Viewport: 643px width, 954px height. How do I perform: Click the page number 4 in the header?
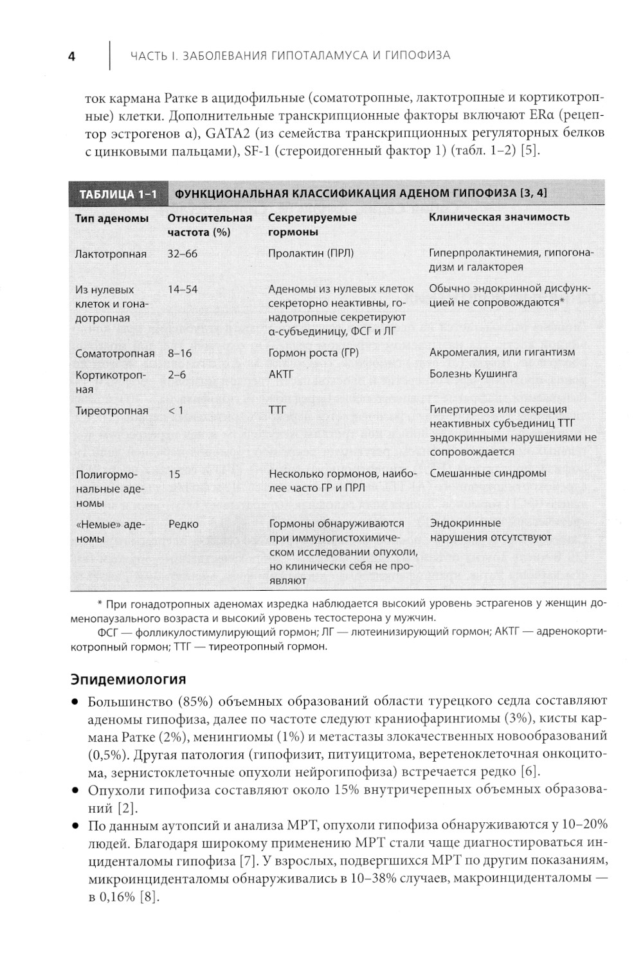tap(71, 57)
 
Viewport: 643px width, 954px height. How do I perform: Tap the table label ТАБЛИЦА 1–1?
tap(117, 194)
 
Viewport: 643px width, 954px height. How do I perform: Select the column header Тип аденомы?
tap(111, 218)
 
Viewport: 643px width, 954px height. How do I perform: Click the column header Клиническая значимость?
tap(499, 217)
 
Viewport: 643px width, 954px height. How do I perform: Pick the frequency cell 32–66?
tap(183, 254)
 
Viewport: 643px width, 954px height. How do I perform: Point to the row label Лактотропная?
tap(111, 254)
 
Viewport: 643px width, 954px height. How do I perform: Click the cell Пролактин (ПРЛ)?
tap(311, 253)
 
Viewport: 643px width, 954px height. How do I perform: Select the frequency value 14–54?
tap(183, 289)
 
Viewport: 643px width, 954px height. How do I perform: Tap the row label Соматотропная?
tap(114, 353)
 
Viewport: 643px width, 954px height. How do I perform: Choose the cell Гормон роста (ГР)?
tap(313, 352)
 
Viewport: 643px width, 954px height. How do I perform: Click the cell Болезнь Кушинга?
tap(473, 373)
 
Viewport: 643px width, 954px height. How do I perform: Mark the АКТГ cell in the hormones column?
tap(280, 374)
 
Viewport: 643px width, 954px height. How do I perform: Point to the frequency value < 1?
tap(176, 410)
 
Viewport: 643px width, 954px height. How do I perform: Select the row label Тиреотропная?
tap(111, 411)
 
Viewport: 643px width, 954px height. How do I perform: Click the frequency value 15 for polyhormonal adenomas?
tap(174, 474)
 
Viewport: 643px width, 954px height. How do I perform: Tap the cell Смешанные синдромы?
tap(487, 473)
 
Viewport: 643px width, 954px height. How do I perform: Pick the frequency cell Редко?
tap(183, 524)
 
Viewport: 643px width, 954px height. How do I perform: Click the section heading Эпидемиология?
tap(129, 679)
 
